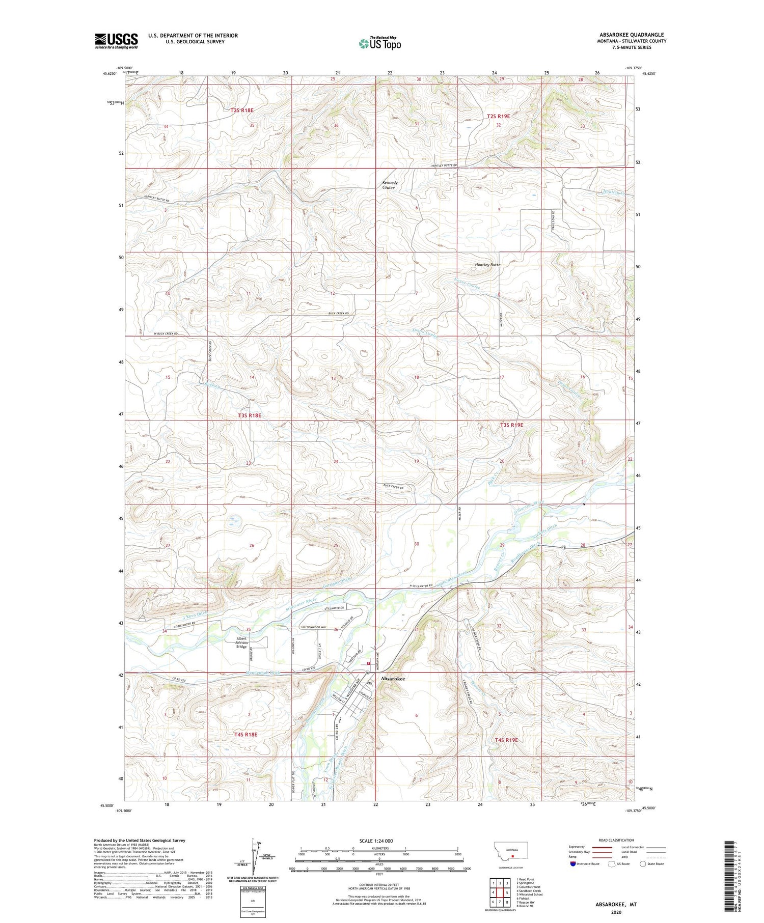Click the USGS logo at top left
pyautogui.click(x=116, y=41)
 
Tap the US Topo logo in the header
pyautogui.click(x=380, y=44)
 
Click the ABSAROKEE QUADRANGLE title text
pyautogui.click(x=631, y=35)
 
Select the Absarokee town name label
pyautogui.click(x=393, y=679)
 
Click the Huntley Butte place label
pyautogui.click(x=487, y=265)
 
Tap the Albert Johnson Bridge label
pyautogui.click(x=241, y=642)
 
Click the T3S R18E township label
pyautogui.click(x=250, y=415)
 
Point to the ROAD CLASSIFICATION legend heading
pyautogui.click(x=616, y=840)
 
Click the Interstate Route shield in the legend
pyautogui.click(x=572, y=863)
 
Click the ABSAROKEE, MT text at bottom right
pyautogui.click(x=616, y=905)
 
